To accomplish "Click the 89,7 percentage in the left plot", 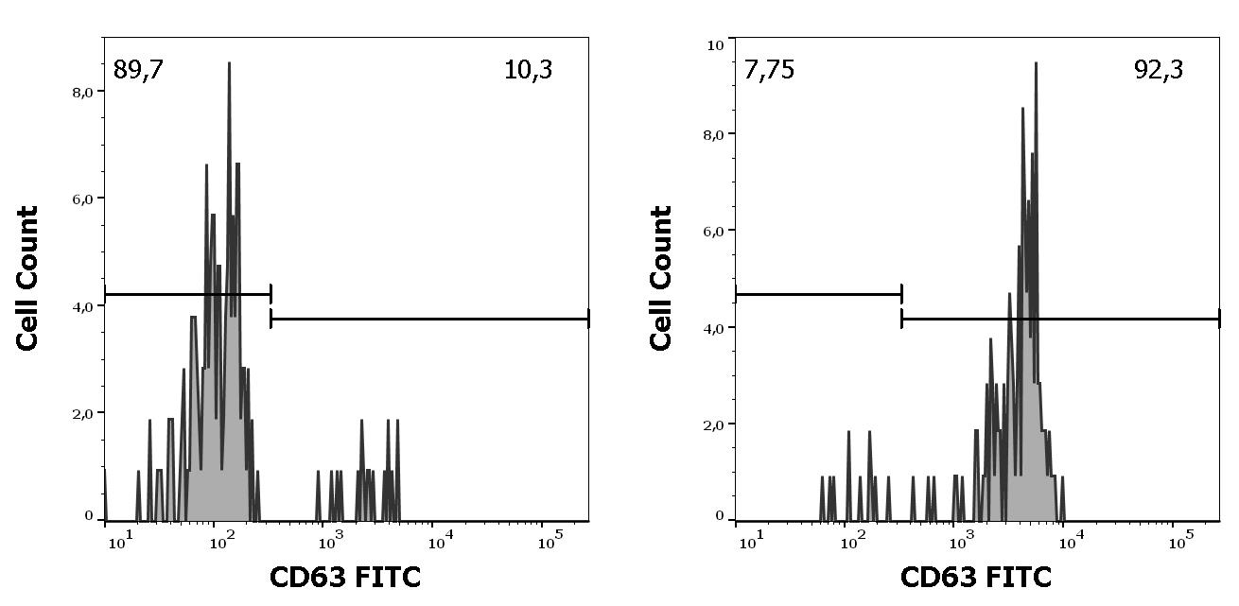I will [138, 70].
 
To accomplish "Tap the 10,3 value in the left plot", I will [529, 70].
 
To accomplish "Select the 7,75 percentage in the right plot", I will [769, 70].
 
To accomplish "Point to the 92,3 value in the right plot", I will [1159, 70].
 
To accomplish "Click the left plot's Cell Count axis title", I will [28, 278].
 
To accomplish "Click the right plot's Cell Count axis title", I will [661, 278].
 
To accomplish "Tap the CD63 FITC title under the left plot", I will [344, 577].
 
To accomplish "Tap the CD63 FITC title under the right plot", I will [975, 577].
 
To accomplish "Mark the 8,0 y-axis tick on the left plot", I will [83, 92].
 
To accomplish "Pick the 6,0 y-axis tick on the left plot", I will [83, 199].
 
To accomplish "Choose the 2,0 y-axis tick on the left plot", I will [83, 413].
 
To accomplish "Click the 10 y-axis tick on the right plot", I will [716, 44].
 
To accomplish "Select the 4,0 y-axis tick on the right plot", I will [714, 327].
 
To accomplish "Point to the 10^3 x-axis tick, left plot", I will [328, 544].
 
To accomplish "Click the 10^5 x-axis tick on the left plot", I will [550, 544].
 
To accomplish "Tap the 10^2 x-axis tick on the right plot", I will [853, 544].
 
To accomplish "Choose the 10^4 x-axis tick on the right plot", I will [1071, 544].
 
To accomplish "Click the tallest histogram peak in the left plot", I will [229, 64].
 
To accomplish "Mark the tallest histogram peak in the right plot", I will [1036, 64].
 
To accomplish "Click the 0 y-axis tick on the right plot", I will [720, 516].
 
